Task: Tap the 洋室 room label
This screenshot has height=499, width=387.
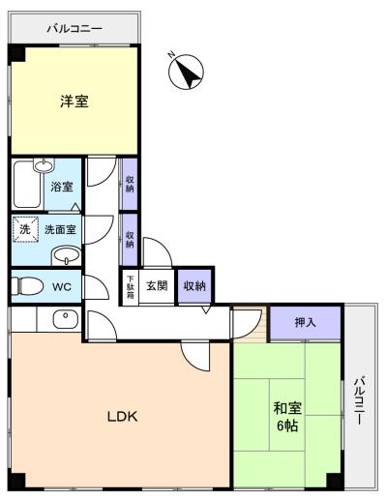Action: [74, 101]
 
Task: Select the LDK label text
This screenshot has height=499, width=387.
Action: [123, 417]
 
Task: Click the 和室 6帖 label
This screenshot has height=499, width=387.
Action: [284, 416]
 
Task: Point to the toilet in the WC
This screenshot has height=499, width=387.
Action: [29, 286]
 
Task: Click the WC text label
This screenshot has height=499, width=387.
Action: [62, 286]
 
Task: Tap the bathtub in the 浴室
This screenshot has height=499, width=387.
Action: [27, 182]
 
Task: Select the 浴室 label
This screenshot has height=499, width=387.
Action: [62, 186]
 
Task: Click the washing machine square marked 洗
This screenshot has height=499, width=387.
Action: [25, 230]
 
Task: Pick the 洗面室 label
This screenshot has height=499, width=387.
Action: [60, 230]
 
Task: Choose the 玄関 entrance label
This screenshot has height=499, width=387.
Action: [157, 285]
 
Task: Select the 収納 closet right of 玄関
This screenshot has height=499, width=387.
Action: [194, 285]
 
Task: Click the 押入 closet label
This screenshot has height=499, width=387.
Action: [305, 320]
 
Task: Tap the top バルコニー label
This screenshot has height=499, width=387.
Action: [74, 28]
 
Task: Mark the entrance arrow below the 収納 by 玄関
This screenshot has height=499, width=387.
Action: [206, 309]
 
